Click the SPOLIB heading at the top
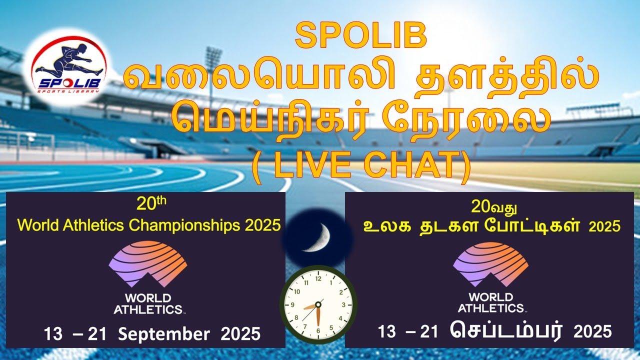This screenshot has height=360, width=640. point(361,36)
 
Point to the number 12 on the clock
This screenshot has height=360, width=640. point(318,278)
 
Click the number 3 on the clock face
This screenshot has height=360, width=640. point(343,305)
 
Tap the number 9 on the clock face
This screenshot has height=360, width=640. point(292,305)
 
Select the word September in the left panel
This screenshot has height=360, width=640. point(163,334)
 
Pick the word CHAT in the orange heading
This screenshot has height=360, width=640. point(409,164)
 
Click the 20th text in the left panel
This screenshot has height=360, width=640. point(151,203)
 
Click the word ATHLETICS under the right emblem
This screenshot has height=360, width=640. point(490,308)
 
